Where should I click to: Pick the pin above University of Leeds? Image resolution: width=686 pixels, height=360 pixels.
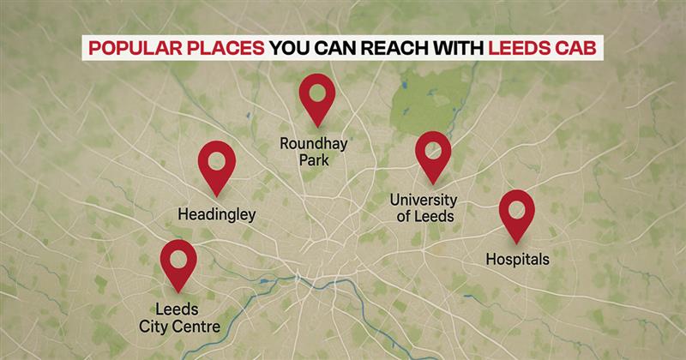pyautogui.click(x=433, y=155)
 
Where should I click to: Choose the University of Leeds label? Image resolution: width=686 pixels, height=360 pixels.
pyautogui.click(x=423, y=208)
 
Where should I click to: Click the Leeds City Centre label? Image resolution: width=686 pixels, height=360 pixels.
pyautogui.click(x=180, y=317)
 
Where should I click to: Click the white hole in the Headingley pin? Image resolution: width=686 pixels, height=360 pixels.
pyautogui.click(x=217, y=159)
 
